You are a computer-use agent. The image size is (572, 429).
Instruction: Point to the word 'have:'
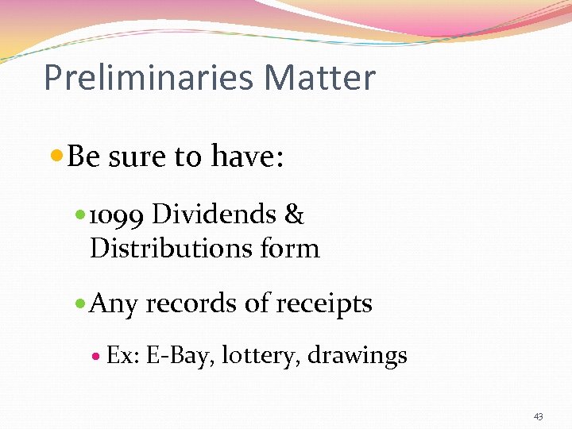point(245,157)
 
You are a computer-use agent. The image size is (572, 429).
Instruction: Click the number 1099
point(117,215)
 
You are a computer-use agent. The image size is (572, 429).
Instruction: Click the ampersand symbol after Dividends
point(294,214)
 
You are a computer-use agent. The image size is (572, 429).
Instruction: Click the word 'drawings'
point(357,356)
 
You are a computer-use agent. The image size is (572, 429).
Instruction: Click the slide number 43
point(539,416)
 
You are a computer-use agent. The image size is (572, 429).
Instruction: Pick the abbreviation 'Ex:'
point(123,356)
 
